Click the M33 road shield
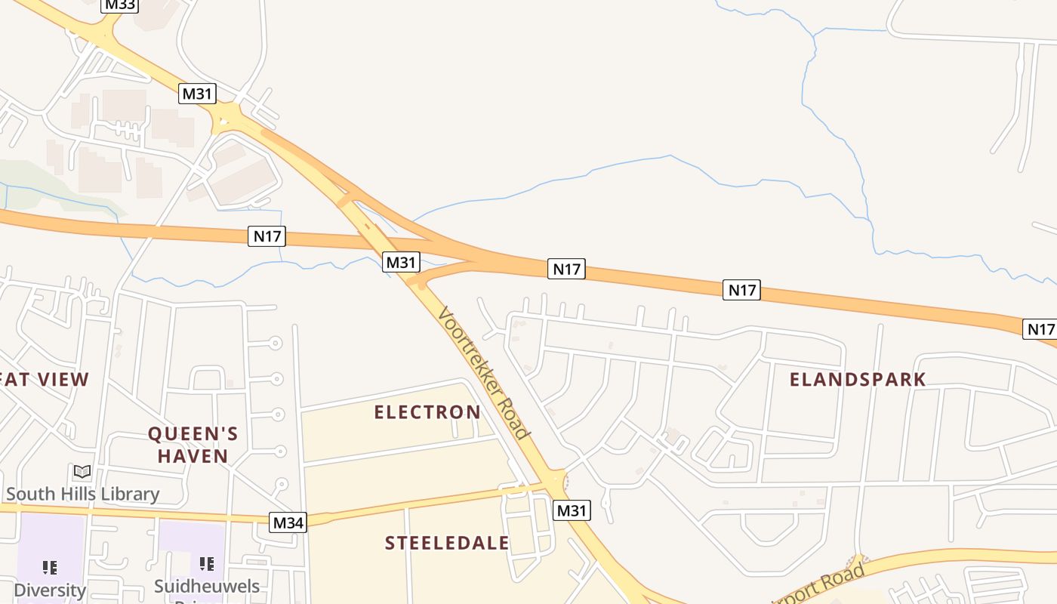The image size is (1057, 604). pyautogui.click(x=119, y=5)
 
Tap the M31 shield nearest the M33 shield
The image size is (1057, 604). pyautogui.click(x=198, y=94)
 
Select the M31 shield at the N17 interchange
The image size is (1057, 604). pyautogui.click(x=400, y=262)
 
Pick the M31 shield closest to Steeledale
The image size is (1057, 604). pyautogui.click(x=572, y=510)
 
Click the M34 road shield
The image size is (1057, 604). pyautogui.click(x=288, y=522)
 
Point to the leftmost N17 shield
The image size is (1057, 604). pyautogui.click(x=267, y=236)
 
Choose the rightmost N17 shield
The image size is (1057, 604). pyautogui.click(x=1040, y=328)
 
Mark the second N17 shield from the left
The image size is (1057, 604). pyautogui.click(x=566, y=269)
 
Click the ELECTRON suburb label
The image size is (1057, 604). pyautogui.click(x=427, y=412)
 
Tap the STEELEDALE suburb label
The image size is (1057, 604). pyautogui.click(x=447, y=544)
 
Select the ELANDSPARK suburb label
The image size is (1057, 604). pyautogui.click(x=858, y=380)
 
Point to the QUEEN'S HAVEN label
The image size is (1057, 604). pyautogui.click(x=193, y=445)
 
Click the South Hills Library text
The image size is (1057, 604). pyautogui.click(x=83, y=495)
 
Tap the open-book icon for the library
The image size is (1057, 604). pyautogui.click(x=82, y=472)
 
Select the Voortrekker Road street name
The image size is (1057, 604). pyautogui.click(x=483, y=373)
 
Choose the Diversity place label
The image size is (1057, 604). pyautogui.click(x=50, y=590)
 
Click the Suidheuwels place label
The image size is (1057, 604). pyautogui.click(x=207, y=587)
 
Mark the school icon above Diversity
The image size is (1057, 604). pyautogui.click(x=50, y=566)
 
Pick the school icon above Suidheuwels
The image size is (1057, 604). pyautogui.click(x=207, y=563)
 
